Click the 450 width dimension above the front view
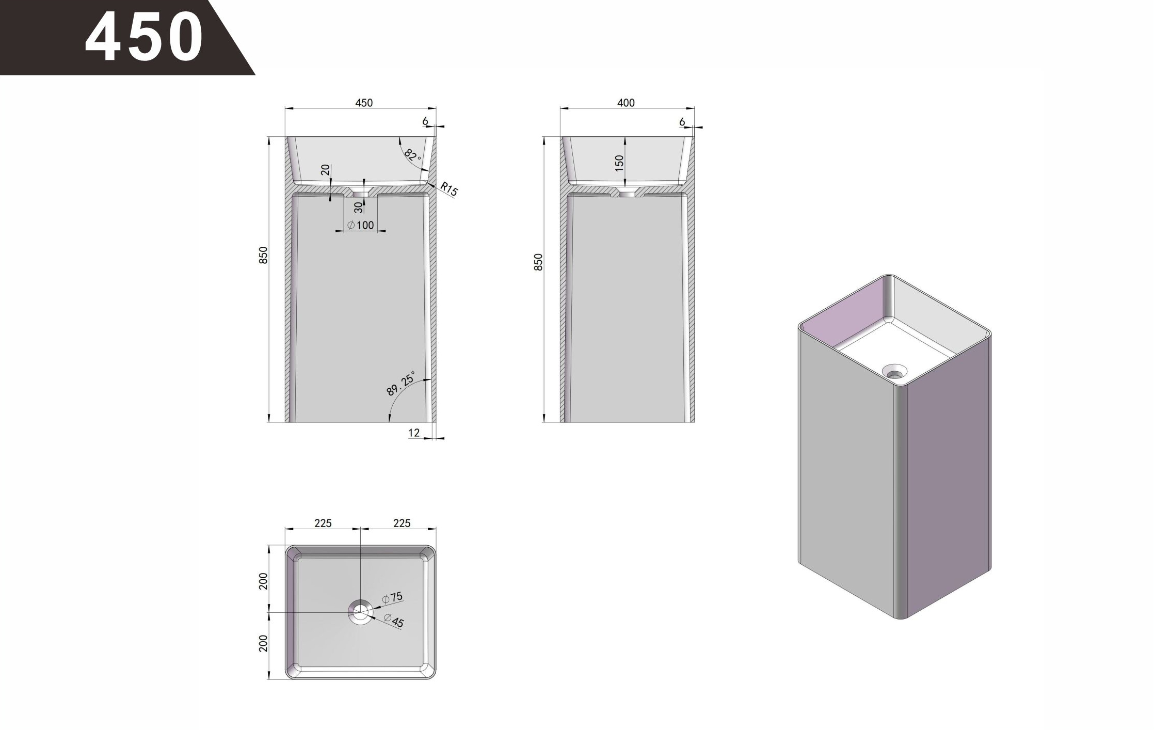coord(364,103)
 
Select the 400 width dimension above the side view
coord(626,103)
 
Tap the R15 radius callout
coord(449,189)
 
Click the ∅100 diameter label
coord(361,225)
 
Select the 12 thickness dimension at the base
coord(414,433)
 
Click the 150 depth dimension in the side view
coord(619,163)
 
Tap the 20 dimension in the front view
coord(325,170)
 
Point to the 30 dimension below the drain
coord(359,208)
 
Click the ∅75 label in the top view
coord(392,598)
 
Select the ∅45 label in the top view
coord(394,621)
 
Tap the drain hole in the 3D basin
coord(894,371)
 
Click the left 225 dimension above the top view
coord(323,523)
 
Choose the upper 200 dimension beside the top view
coord(263,581)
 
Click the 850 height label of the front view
coord(263,256)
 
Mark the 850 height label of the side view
coord(538,262)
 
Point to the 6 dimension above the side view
coord(682,122)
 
